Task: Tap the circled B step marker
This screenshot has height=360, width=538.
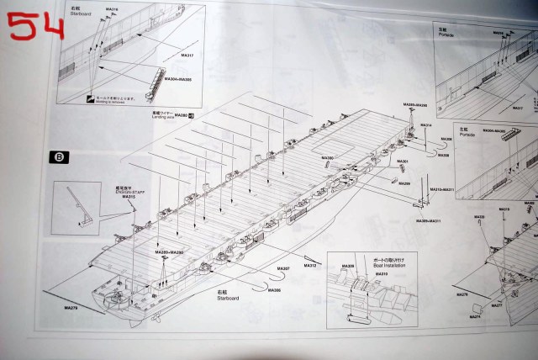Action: [60, 156]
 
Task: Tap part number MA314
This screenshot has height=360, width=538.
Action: [426, 125]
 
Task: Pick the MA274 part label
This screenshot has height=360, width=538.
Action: [475, 317]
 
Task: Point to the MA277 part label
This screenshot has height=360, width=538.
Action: [497, 308]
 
